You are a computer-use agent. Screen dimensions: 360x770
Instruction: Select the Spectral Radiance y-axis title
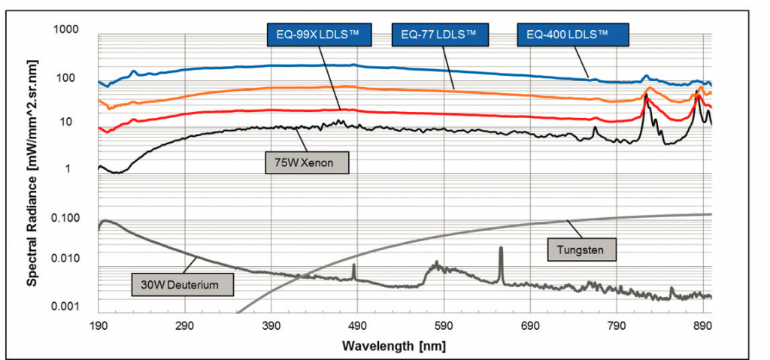[x=34, y=169]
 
